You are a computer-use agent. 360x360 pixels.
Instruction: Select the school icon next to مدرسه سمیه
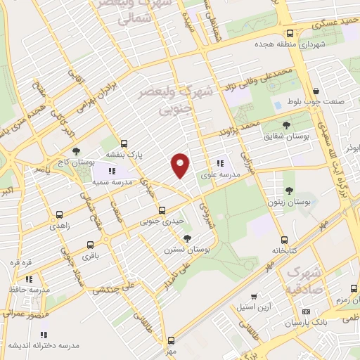click(x=111, y=170)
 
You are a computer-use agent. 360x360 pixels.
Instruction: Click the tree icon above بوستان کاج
click(x=77, y=151)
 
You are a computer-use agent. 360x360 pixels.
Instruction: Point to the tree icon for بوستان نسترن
click(x=186, y=238)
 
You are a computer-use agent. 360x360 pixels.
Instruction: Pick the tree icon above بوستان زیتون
click(x=289, y=190)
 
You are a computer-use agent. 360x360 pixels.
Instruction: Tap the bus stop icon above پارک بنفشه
click(x=124, y=142)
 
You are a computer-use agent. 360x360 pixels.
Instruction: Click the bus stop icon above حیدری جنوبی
click(x=162, y=210)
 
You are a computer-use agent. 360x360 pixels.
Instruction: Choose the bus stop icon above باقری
click(x=90, y=245)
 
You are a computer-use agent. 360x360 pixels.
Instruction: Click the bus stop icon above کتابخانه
click(x=284, y=240)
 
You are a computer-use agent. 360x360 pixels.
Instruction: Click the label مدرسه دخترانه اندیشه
click(x=44, y=345)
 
